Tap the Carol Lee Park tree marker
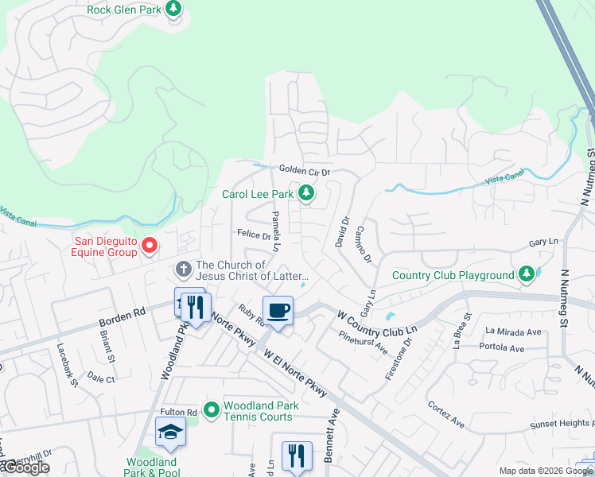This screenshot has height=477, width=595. point(305,193)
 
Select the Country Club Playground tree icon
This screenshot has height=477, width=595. point(525,275)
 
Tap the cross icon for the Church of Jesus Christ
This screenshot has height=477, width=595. point(183,268)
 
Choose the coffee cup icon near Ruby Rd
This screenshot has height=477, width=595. point(278,310)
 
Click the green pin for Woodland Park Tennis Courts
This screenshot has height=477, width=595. point(211,410)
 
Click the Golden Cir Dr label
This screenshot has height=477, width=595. point(304,170)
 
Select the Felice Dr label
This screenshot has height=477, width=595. point(255,235)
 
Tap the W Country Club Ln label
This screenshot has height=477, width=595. point(377,321)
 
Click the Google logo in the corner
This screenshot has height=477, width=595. point(25,467)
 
